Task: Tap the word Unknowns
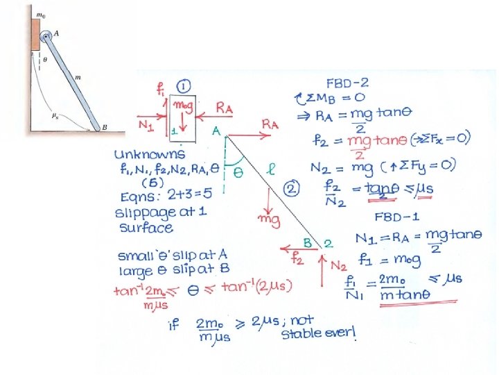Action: [150, 154]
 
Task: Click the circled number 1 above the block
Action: [182, 87]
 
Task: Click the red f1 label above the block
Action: [160, 90]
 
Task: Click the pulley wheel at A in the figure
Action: [46, 37]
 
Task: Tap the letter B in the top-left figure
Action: [103, 128]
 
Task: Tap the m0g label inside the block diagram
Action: [184, 104]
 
